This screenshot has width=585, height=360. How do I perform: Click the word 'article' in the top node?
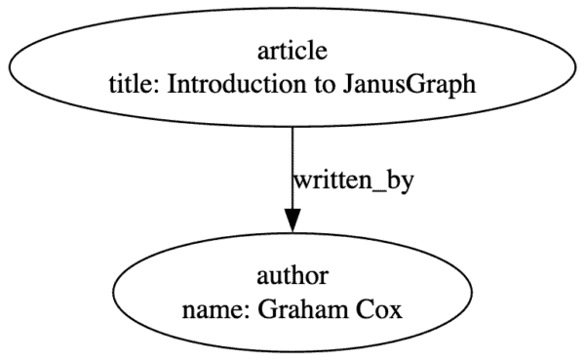tap(292, 51)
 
